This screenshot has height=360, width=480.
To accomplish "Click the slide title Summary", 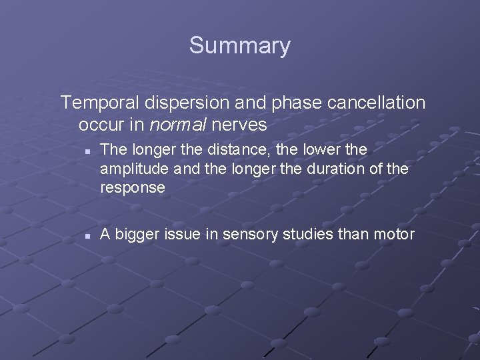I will click(239, 45).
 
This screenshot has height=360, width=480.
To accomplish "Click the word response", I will click(132, 188).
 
